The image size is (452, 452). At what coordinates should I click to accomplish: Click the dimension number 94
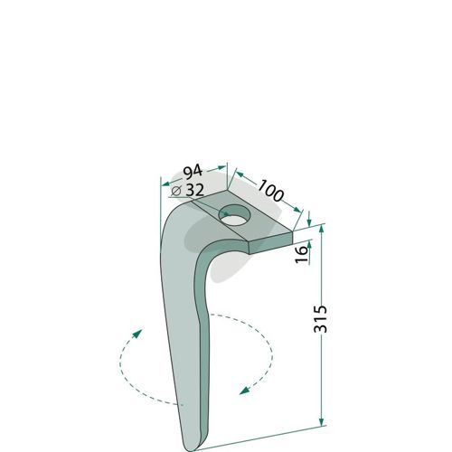tap(193, 173)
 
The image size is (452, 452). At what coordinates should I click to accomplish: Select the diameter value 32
tap(195, 190)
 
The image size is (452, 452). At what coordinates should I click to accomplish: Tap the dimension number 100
tap(270, 191)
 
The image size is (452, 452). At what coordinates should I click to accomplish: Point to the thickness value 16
tap(301, 254)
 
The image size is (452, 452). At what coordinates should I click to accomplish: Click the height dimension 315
tap(320, 319)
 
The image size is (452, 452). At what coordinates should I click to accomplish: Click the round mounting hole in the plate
tap(235, 215)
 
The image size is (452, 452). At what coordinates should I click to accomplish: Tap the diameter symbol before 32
tap(176, 191)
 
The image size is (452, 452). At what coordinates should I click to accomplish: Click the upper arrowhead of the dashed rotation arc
tap(137, 334)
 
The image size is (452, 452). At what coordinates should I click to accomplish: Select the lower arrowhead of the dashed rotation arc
tap(244, 391)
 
